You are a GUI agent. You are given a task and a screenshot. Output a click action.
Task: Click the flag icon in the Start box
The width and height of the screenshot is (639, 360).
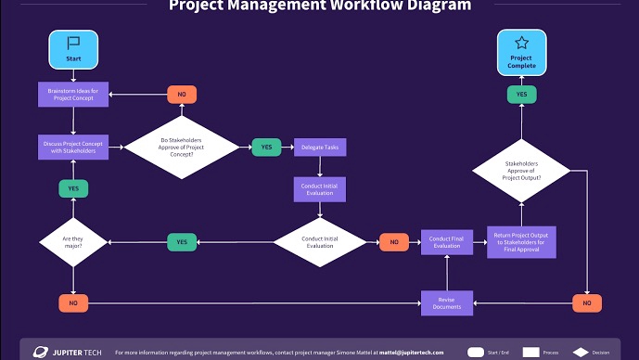(73, 43)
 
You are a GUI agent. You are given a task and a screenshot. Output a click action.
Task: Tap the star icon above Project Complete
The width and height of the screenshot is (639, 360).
(521, 43)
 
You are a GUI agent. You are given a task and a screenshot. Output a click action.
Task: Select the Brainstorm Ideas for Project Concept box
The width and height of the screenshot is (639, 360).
(73, 94)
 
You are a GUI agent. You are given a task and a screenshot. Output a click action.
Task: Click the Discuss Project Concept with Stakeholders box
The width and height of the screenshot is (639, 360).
(73, 147)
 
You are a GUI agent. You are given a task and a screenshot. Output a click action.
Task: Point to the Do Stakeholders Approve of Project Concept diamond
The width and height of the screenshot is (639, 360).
(182, 147)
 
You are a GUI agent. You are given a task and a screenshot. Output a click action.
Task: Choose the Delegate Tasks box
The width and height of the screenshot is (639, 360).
(321, 147)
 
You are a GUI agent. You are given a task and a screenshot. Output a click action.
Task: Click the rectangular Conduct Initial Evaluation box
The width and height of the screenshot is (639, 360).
(321, 189)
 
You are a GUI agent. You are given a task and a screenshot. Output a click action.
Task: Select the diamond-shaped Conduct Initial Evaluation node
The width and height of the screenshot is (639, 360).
(321, 241)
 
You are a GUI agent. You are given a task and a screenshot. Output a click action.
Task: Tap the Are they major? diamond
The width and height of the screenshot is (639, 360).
(73, 241)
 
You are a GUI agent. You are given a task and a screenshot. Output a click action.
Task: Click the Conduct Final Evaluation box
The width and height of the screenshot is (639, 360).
(446, 241)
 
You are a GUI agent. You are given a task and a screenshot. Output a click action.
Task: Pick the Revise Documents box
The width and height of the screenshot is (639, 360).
(446, 302)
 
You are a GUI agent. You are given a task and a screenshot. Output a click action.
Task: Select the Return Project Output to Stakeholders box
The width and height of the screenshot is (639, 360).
(520, 241)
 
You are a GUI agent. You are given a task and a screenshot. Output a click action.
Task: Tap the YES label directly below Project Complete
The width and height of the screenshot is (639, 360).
(521, 94)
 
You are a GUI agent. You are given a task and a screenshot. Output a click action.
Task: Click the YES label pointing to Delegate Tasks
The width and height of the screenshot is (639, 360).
(266, 147)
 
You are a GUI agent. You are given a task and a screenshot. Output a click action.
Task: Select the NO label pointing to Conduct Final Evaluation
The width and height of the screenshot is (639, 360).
(393, 241)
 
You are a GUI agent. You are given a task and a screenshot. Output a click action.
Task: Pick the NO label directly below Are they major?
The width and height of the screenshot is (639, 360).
(73, 302)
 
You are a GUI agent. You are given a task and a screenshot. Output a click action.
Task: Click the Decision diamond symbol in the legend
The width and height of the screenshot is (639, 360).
(582, 353)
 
